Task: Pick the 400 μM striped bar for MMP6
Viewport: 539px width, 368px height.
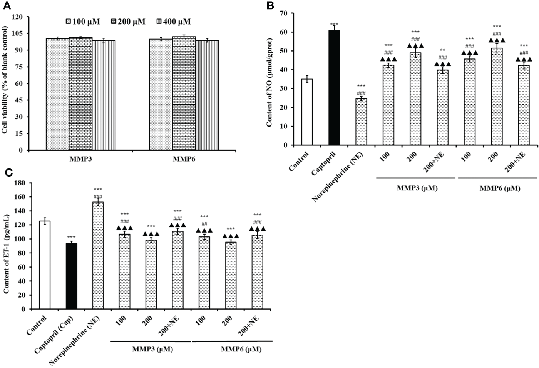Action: pos(207,95)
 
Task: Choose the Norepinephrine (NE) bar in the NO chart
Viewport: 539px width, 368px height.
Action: pos(361,122)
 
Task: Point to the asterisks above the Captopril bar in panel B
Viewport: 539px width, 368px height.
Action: pos(334,24)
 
